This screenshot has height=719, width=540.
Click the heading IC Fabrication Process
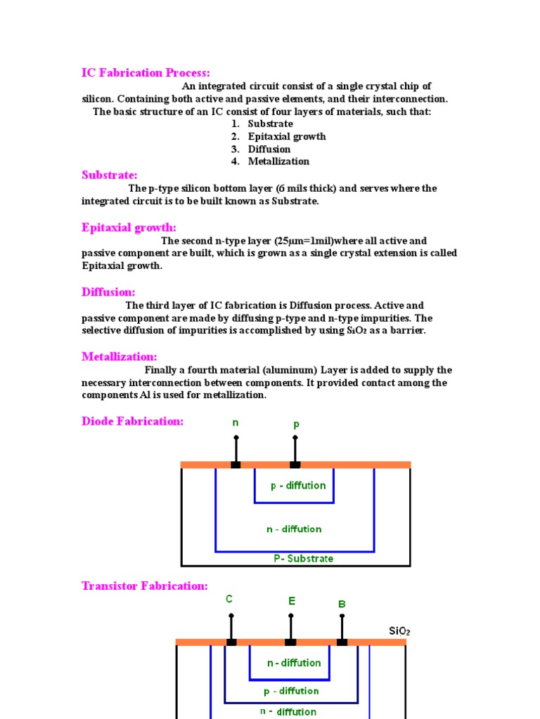(146, 73)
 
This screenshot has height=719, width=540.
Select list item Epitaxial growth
(286, 136)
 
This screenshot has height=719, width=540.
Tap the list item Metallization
(278, 161)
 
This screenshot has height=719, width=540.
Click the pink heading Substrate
(109, 175)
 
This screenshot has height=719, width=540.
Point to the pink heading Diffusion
(108, 292)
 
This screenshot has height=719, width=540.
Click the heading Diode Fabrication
(132, 421)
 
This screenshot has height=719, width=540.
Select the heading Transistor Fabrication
(144, 586)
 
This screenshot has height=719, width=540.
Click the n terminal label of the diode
(236, 423)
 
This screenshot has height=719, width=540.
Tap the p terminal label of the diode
(295, 425)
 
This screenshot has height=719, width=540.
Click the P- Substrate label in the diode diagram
(303, 559)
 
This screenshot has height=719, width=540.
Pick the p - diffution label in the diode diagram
(298, 485)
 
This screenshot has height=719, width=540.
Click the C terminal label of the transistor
(229, 599)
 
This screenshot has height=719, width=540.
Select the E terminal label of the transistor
(291, 601)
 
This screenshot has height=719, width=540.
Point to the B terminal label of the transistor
(342, 604)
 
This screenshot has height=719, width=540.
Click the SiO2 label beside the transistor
(399, 631)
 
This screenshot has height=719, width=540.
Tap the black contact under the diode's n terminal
(236, 465)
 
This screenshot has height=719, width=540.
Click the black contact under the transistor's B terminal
(342, 642)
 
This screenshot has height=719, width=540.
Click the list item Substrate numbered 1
(270, 124)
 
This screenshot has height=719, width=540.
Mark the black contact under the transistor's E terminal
(290, 642)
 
